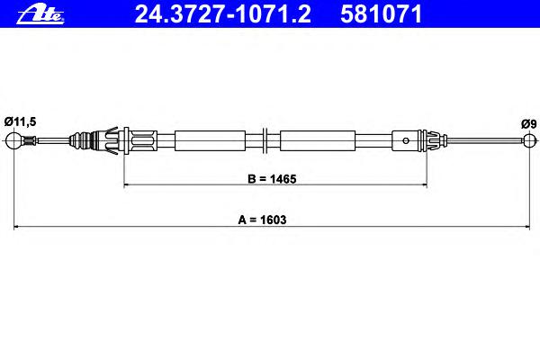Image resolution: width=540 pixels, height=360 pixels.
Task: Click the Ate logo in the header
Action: pos(40,15)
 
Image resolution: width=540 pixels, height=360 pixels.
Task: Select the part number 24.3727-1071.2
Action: pos(223,14)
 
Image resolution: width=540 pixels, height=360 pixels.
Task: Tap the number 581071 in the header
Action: pos(381,14)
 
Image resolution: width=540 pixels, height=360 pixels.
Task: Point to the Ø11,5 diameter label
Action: pos(21,121)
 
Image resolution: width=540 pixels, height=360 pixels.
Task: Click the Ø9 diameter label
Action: pos(528,123)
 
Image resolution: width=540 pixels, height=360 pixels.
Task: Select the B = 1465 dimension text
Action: pos(272,179)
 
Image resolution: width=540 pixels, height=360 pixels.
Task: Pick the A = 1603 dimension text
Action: pos(262,220)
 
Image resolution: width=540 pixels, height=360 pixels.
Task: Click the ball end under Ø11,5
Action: pos(13,140)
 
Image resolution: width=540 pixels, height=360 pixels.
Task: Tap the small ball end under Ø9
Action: pos(530,139)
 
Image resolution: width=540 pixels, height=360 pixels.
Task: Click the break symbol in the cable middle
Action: pos(265,140)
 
